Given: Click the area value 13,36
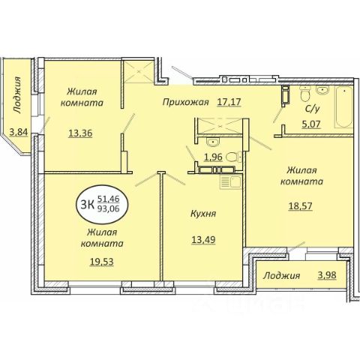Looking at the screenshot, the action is pos(80,133).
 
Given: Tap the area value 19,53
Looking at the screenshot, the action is pos(102,262).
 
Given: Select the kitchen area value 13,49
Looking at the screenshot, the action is pos(203,240).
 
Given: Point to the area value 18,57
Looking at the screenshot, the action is pos(300,206).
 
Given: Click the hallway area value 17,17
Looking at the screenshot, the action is pos(229,102).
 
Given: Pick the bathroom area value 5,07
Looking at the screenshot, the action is pos(311,124).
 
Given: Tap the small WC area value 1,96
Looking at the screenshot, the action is pos(213,157).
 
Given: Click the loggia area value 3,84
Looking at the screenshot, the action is pos(19,132).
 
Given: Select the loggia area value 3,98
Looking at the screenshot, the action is pos(327,275).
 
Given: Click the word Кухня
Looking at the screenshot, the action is pos(203,214).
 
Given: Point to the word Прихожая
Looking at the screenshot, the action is pos(185,102).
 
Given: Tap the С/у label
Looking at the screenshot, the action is pos(313,109).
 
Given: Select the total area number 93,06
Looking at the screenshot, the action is pos(109,208).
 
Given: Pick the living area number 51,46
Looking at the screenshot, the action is pos(109,199).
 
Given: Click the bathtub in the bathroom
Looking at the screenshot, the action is pos(344,107).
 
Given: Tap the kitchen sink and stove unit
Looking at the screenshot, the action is pos(230,181).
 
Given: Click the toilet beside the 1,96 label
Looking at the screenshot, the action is pos(234,157).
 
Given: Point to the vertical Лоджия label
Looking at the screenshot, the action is pos(17,95).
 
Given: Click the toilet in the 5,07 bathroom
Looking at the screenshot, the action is pos(305,93).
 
